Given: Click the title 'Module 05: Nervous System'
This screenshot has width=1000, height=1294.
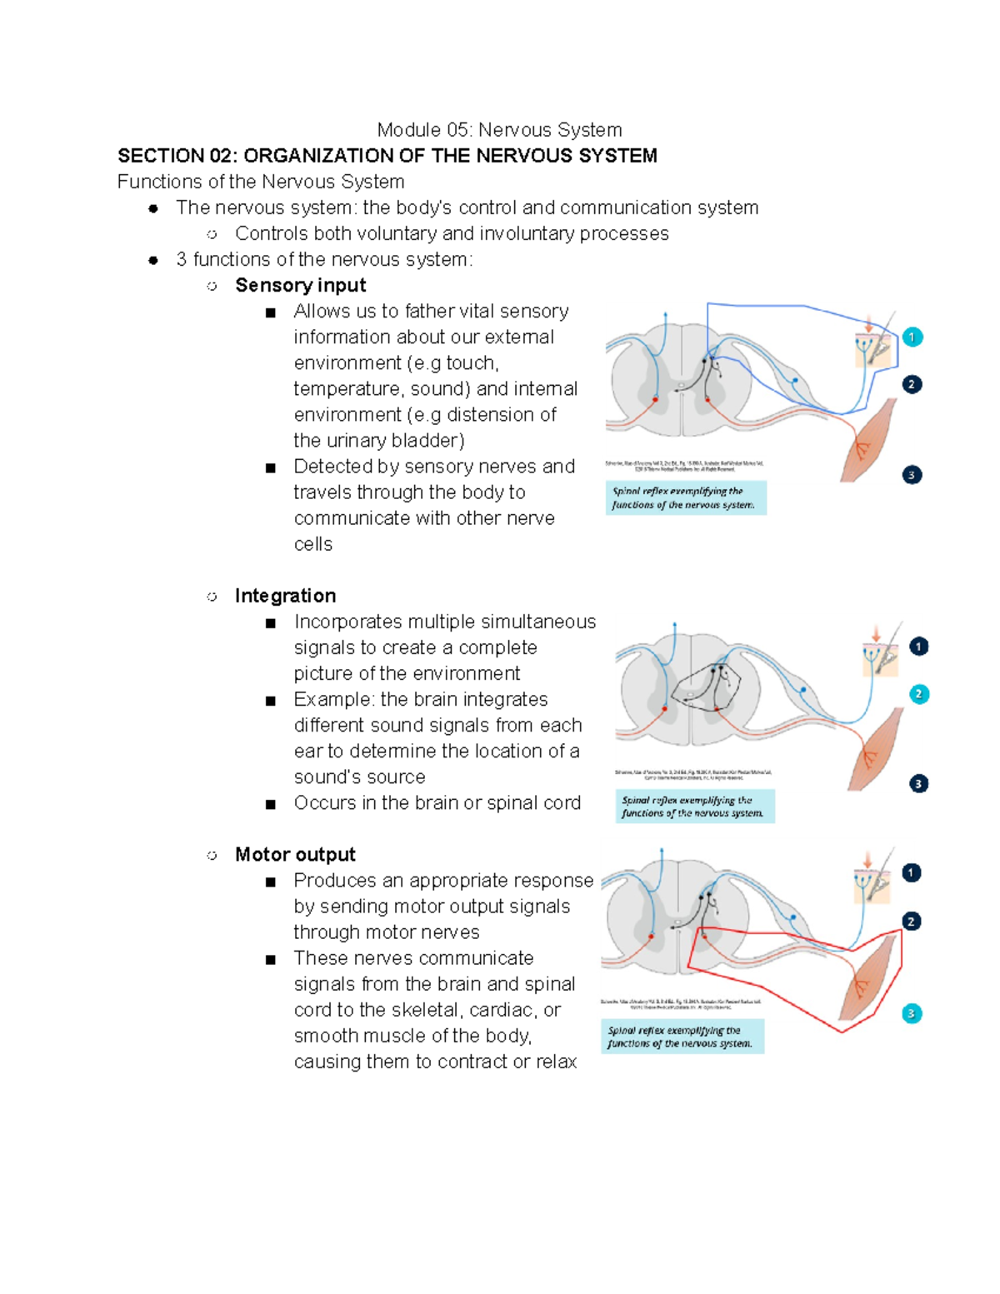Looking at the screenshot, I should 499,130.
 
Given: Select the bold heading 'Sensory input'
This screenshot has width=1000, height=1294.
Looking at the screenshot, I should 300,285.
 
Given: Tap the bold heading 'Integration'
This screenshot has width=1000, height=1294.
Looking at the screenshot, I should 285,596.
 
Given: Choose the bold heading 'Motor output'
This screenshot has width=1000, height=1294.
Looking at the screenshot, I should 295,855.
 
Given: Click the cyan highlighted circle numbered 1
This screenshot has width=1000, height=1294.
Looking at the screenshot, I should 912,337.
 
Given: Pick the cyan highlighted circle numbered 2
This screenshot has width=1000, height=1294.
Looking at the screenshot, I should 918,694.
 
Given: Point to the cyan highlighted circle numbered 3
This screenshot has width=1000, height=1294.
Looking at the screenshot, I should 912,1014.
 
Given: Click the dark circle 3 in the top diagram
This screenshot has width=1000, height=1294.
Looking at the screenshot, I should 912,475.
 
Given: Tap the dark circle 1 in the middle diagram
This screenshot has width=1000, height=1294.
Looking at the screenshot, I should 918,647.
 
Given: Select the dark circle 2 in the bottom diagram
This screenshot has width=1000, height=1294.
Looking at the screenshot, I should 912,922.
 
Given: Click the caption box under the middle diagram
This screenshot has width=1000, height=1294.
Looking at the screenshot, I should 694,807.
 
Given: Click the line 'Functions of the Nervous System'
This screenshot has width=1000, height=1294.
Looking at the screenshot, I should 261,182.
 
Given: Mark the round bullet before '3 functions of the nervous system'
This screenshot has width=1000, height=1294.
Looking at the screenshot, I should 153,260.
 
